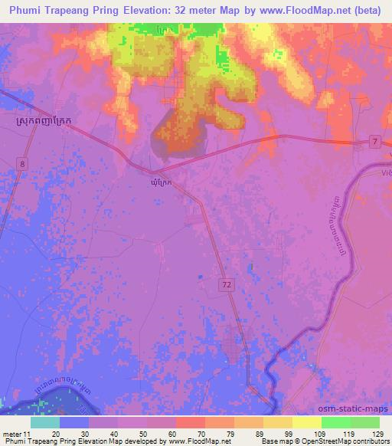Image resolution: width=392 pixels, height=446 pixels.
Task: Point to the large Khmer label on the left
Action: (47, 121)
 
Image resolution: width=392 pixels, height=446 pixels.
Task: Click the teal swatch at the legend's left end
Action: (44, 423)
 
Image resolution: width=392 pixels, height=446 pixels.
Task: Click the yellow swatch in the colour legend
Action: (306, 423)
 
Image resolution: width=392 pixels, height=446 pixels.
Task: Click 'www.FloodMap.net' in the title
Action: (310, 10)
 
